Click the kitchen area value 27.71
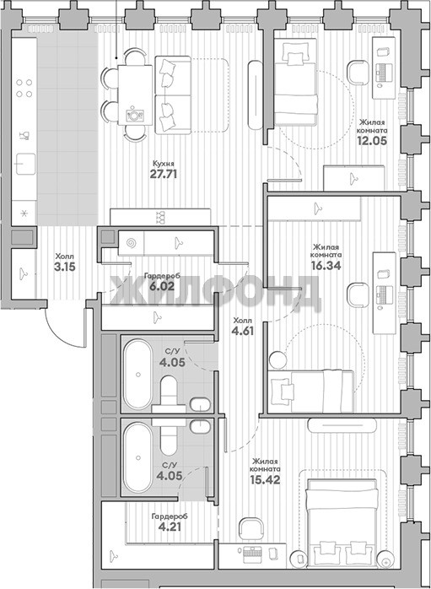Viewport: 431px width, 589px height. pos(164,174)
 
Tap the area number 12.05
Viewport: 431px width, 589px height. pos(373,140)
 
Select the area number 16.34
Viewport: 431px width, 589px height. pos(326,265)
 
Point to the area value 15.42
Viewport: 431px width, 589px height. pos(265,479)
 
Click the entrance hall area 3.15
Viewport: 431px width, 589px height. pos(65,267)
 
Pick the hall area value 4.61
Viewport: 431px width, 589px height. pos(243,332)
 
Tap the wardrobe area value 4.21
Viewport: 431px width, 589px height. pos(170,527)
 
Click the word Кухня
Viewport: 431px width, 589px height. pos(164,164)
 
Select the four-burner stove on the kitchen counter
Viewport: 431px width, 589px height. pos(24,89)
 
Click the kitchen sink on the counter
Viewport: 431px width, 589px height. pos(25,164)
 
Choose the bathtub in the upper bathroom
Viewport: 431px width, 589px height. pos(138,374)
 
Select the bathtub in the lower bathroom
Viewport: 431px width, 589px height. pos(138,457)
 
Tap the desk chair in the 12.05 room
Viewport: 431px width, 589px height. pos(358,72)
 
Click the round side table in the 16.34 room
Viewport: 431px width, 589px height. pos(278,359)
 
